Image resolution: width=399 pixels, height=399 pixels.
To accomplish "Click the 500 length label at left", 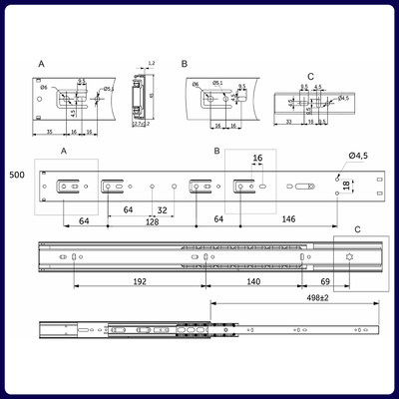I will [16, 175].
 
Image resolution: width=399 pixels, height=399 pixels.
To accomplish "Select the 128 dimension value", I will [153, 222].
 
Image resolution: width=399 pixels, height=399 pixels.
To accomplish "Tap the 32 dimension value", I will [162, 210].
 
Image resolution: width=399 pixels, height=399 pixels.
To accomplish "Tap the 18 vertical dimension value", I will [347, 186].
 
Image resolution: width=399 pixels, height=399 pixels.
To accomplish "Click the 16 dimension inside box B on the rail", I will [257, 159].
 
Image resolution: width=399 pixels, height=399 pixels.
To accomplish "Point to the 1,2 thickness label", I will [150, 63].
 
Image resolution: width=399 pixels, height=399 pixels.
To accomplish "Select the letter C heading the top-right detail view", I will [310, 76].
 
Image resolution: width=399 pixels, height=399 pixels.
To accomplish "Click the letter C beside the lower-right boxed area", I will [358, 229].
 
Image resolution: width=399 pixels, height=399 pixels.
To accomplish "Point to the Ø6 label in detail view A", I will [45, 88].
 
